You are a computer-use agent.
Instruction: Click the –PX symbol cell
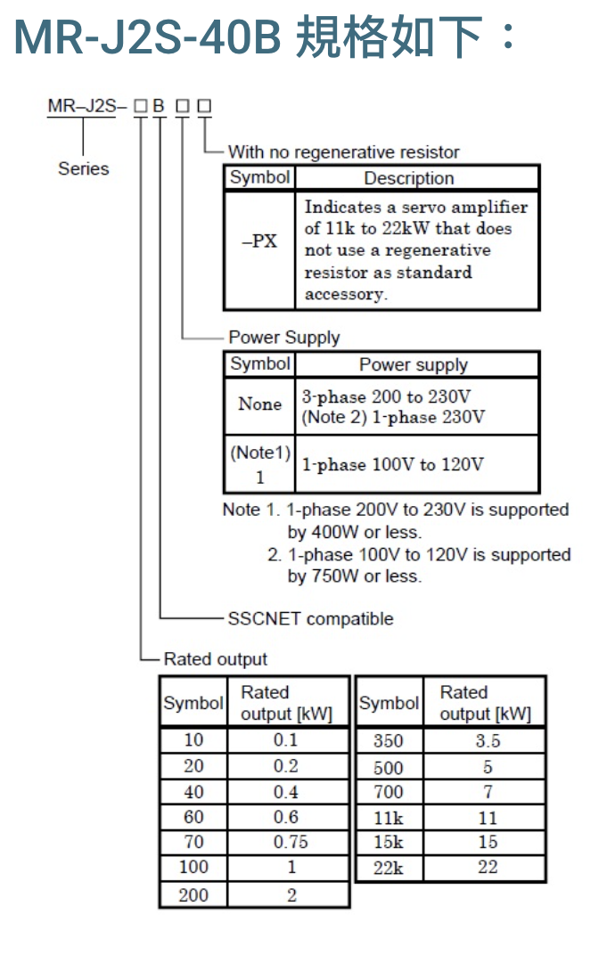(259, 241)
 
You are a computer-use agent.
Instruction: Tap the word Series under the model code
(84, 168)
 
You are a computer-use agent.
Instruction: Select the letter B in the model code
(159, 106)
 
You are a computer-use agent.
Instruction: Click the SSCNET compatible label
(310, 619)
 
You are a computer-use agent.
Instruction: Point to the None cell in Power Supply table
(259, 404)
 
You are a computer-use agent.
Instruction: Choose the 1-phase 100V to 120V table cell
(393, 465)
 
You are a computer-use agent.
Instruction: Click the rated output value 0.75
(291, 842)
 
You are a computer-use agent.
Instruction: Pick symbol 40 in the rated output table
(193, 792)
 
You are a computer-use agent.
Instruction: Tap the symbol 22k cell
(389, 868)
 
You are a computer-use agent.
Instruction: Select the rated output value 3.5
(488, 740)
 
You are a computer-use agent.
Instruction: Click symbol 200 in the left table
(193, 894)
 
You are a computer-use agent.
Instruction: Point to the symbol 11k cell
(389, 818)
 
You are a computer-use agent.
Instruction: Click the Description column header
(409, 178)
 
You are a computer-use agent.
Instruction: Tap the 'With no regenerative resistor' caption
(344, 151)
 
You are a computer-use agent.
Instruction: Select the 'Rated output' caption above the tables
(216, 659)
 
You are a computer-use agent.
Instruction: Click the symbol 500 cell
(389, 767)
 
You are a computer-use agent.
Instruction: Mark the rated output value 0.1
(285, 739)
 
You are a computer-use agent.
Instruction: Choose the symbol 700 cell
(389, 792)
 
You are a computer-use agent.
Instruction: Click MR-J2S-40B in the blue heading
(147, 37)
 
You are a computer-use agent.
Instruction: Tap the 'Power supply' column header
(414, 364)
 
